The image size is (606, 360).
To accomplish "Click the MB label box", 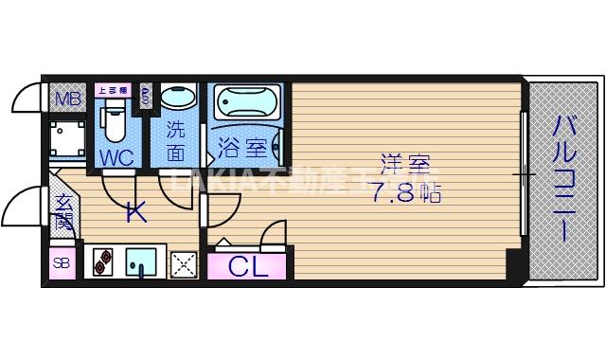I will [x=65, y=99].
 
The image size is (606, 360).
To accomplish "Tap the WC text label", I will [x=116, y=155].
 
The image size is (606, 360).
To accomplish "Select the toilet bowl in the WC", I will [x=115, y=122].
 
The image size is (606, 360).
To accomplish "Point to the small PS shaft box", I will [x=146, y=96].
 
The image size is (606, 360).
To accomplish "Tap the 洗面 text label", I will [x=176, y=139].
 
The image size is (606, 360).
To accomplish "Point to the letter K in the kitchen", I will [x=136, y=213].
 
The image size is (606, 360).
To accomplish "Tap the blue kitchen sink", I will [x=141, y=261].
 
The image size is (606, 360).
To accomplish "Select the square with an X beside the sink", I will [x=182, y=262].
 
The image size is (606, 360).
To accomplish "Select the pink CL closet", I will [x=248, y=264].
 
